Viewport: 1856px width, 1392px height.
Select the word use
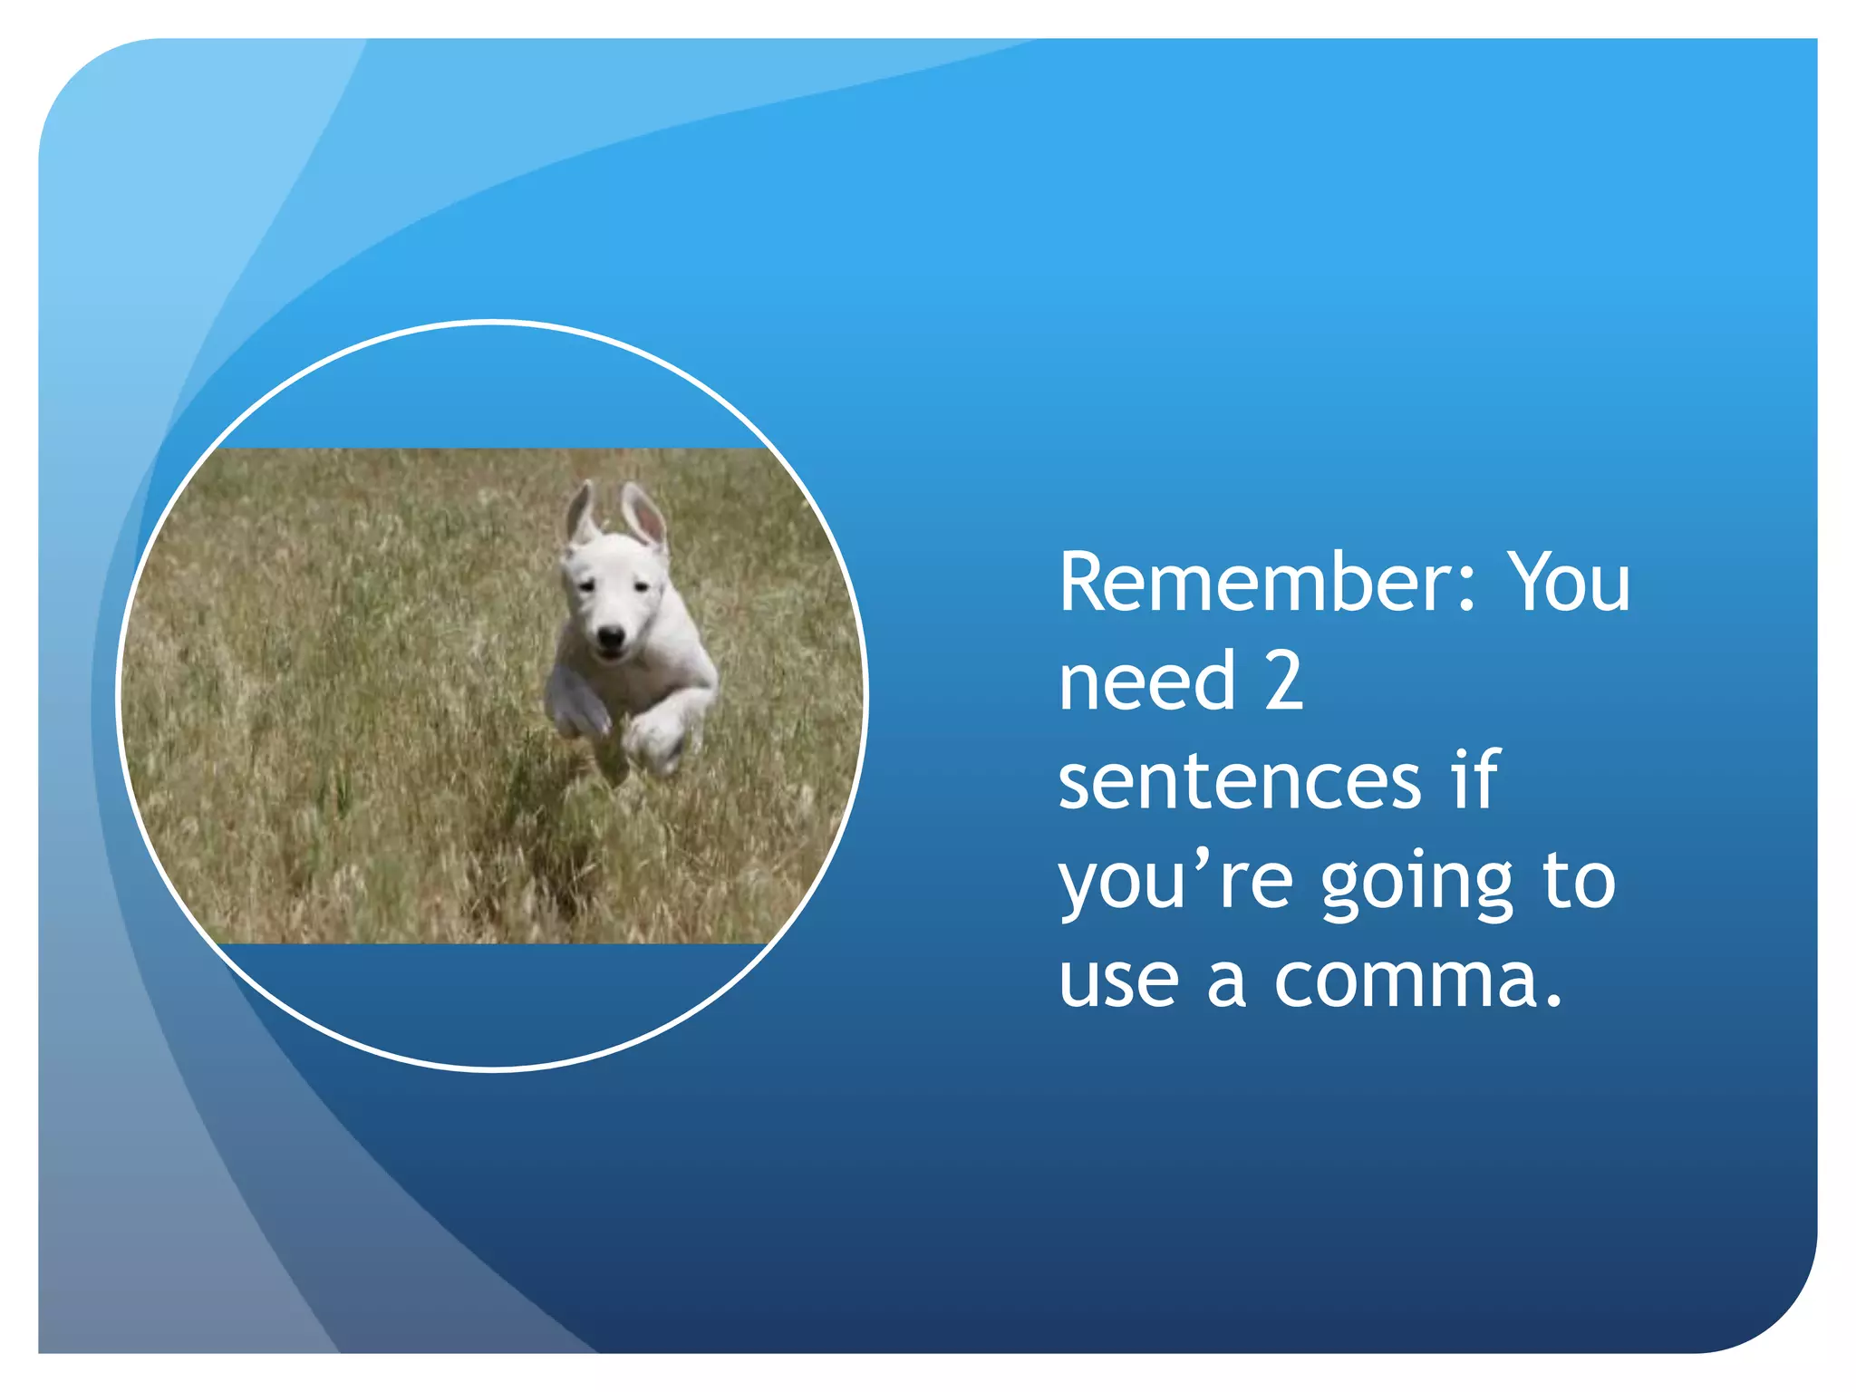pos(1118,982)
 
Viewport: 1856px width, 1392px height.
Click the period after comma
pos(1554,1002)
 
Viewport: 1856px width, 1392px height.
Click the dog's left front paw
pos(656,734)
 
